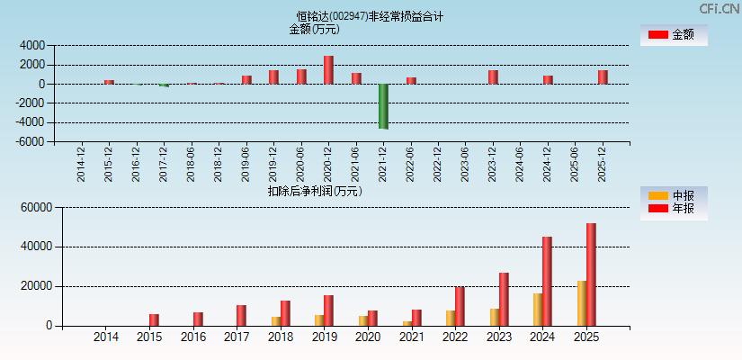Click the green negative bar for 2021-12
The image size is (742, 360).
pyautogui.click(x=383, y=106)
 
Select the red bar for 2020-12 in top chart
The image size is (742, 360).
pyautogui.click(x=328, y=70)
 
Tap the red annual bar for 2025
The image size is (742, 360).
pyautogui.click(x=591, y=274)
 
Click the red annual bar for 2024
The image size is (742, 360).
pyautogui.click(x=547, y=281)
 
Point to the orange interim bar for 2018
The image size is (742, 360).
pyautogui.click(x=276, y=321)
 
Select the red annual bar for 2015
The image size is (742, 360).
pyautogui.click(x=154, y=319)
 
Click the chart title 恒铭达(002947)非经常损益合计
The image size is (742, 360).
pyautogui.click(x=370, y=16)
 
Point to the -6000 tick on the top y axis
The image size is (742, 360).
pyautogui.click(x=31, y=142)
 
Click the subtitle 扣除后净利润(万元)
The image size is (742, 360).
pyautogui.click(x=315, y=191)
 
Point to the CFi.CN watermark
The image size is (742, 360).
pyautogui.click(x=720, y=9)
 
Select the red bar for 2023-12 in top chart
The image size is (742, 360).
pyautogui.click(x=493, y=77)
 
